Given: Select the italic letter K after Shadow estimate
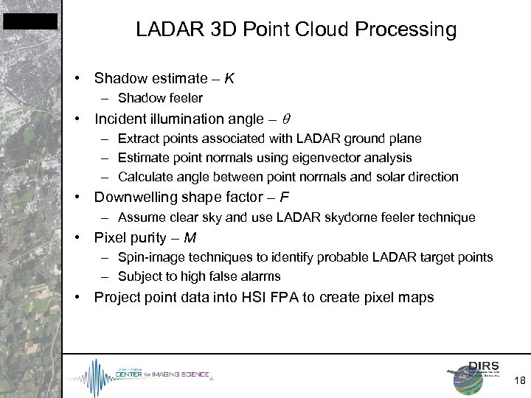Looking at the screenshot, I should (229, 77).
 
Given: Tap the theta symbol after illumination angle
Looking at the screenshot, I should (286, 119).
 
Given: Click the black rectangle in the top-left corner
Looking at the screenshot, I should (30, 21).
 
